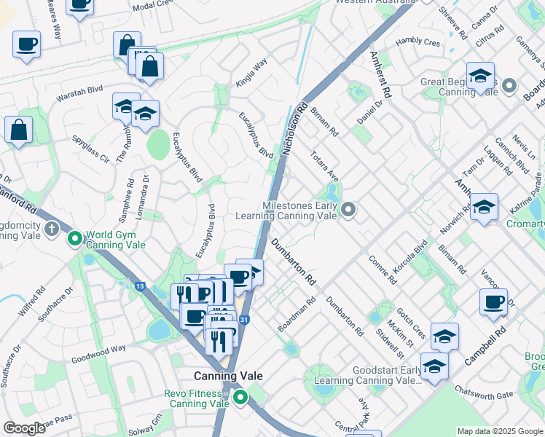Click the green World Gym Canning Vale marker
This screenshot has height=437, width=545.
click(x=74, y=238)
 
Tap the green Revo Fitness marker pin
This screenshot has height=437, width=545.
click(x=239, y=398)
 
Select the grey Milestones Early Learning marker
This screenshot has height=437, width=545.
click(x=349, y=210)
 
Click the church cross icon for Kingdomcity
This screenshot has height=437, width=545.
click(x=51, y=230)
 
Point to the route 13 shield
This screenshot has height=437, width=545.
click(x=139, y=286)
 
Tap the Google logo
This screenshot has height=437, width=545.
click(x=25, y=428)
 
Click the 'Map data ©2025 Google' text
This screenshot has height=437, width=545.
click(x=499, y=431)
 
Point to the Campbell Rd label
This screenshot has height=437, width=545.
click(x=486, y=345)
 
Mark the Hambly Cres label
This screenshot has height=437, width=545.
click(x=418, y=43)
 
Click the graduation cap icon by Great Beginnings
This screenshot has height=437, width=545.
click(x=480, y=75)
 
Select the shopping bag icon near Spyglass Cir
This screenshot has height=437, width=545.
click(x=18, y=129)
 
